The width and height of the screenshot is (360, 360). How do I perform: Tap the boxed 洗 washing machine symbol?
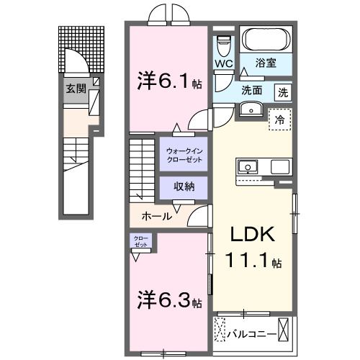(x=284, y=92)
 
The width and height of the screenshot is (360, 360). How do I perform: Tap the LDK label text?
(x=252, y=234)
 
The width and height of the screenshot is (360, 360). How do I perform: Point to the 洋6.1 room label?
(x=160, y=82)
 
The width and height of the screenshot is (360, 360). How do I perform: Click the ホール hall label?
(x=156, y=215)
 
